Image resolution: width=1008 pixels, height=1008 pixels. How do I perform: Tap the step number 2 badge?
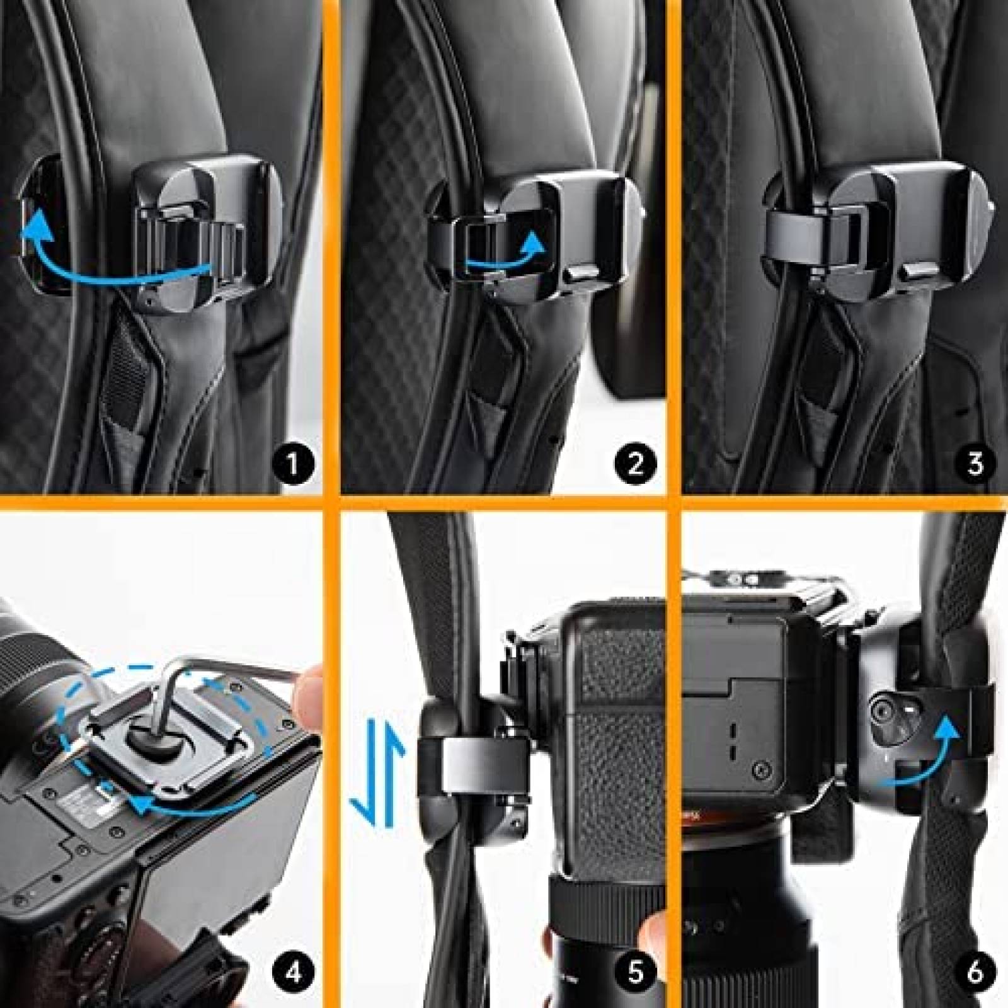tap(634, 464)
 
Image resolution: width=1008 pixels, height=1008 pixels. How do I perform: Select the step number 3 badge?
tap(975, 464)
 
